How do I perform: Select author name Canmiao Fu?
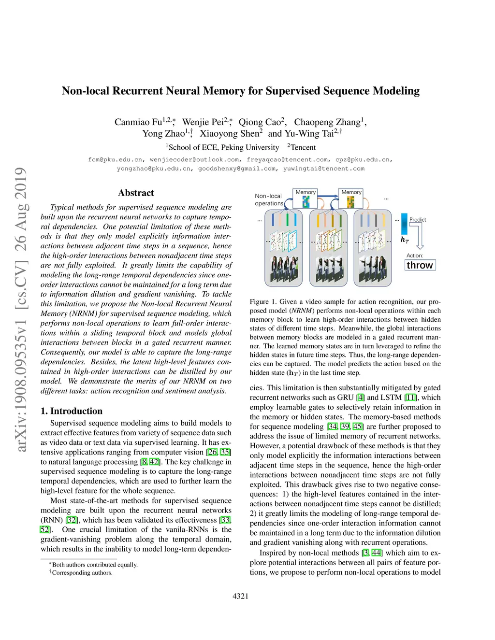138,122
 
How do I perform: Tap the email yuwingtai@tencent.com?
324,169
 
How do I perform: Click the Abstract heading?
136,193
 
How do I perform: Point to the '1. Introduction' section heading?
72,411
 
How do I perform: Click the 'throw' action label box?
420,265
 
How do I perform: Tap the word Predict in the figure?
418,220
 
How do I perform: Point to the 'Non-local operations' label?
269,199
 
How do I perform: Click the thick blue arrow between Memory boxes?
328,196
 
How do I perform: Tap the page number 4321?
240,596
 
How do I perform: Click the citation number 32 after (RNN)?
72,520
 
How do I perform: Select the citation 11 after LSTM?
410,398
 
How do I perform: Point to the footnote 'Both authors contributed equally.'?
95,565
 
